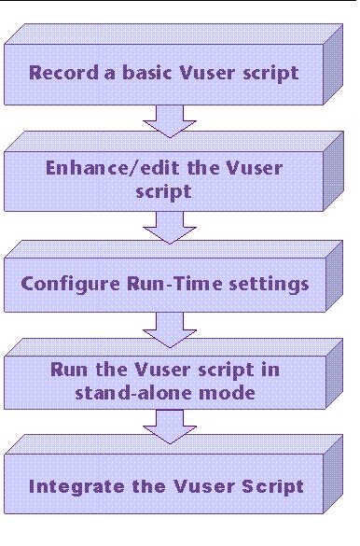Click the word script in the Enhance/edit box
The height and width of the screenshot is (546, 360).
point(172,193)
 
